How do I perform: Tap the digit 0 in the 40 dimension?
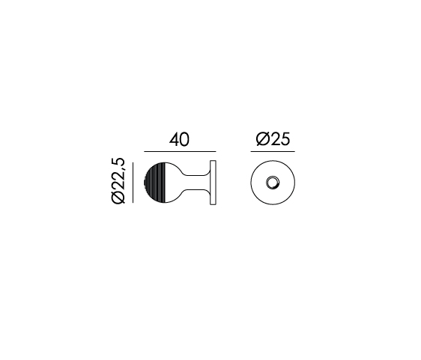184,139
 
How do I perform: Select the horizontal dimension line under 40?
180,152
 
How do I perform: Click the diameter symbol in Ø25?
263,139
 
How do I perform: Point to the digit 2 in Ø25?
275,139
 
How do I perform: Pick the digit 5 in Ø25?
285,139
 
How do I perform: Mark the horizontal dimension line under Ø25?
273,152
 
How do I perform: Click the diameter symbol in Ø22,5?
118,197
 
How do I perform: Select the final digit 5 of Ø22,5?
118,163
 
